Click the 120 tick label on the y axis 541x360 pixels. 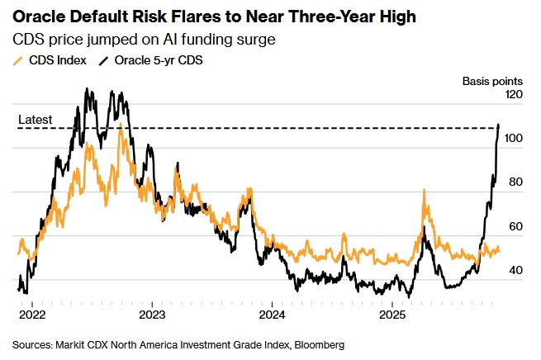coord(515,95)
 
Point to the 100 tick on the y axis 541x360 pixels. coord(515,139)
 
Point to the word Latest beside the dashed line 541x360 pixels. coord(35,120)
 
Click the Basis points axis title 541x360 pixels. coord(491,81)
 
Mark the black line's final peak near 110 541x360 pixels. coord(499,126)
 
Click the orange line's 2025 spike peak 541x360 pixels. coord(425,191)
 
